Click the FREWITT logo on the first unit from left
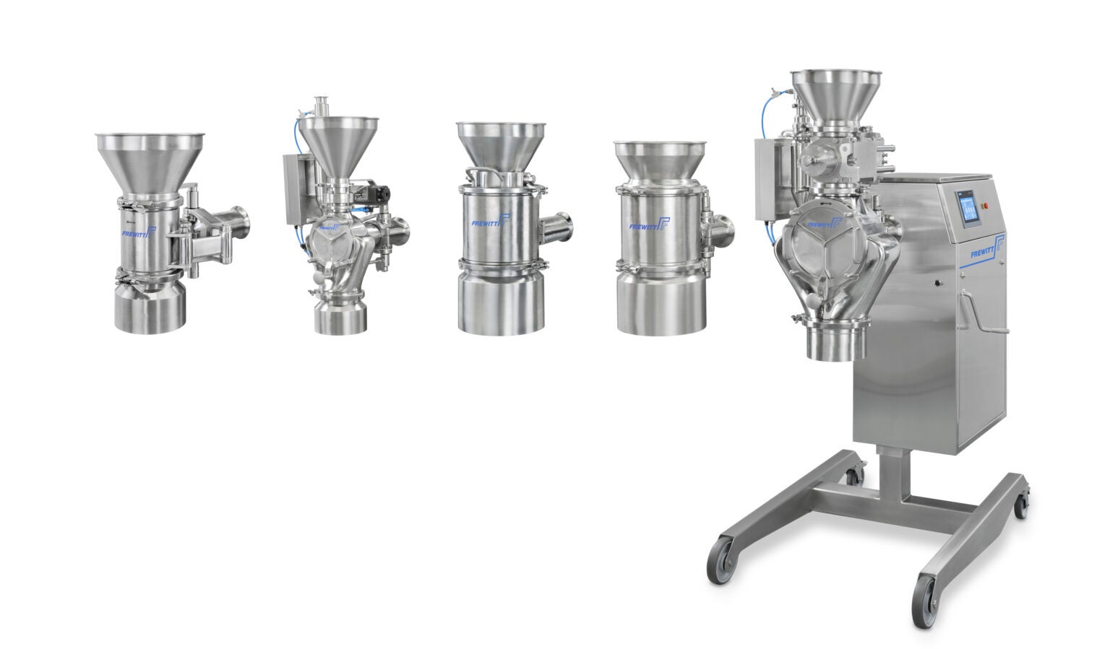click(137, 233)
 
